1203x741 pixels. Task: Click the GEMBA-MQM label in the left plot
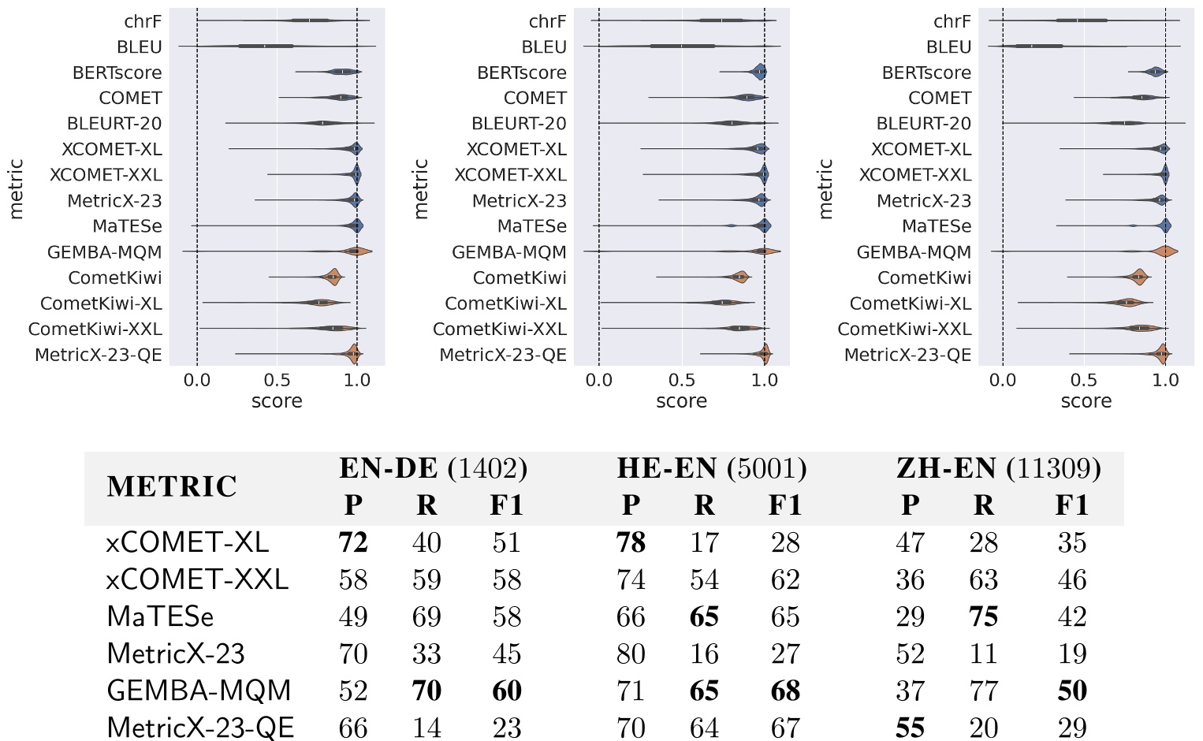104,252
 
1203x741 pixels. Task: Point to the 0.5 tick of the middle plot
681,380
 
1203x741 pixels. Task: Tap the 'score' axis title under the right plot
1086,401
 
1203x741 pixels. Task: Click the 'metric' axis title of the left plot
16,188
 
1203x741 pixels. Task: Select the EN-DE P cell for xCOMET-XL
353,542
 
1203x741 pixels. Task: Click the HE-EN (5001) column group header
711,469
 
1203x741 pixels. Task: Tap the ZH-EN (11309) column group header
998,469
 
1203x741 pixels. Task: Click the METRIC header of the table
172,486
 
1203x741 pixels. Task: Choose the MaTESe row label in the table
160,616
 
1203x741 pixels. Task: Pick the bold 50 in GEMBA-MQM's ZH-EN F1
1072,691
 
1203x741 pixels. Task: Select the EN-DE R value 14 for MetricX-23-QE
426,728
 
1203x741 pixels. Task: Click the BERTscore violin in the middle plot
759,73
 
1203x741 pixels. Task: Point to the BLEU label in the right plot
948,47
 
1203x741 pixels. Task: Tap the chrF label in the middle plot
547,21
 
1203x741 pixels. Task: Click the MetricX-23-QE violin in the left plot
353,355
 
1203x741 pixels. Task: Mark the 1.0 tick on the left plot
357,380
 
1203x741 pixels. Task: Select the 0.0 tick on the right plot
1002,380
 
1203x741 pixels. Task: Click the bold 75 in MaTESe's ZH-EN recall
983,616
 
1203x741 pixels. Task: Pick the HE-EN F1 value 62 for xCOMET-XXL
785,579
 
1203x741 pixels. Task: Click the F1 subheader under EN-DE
506,505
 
